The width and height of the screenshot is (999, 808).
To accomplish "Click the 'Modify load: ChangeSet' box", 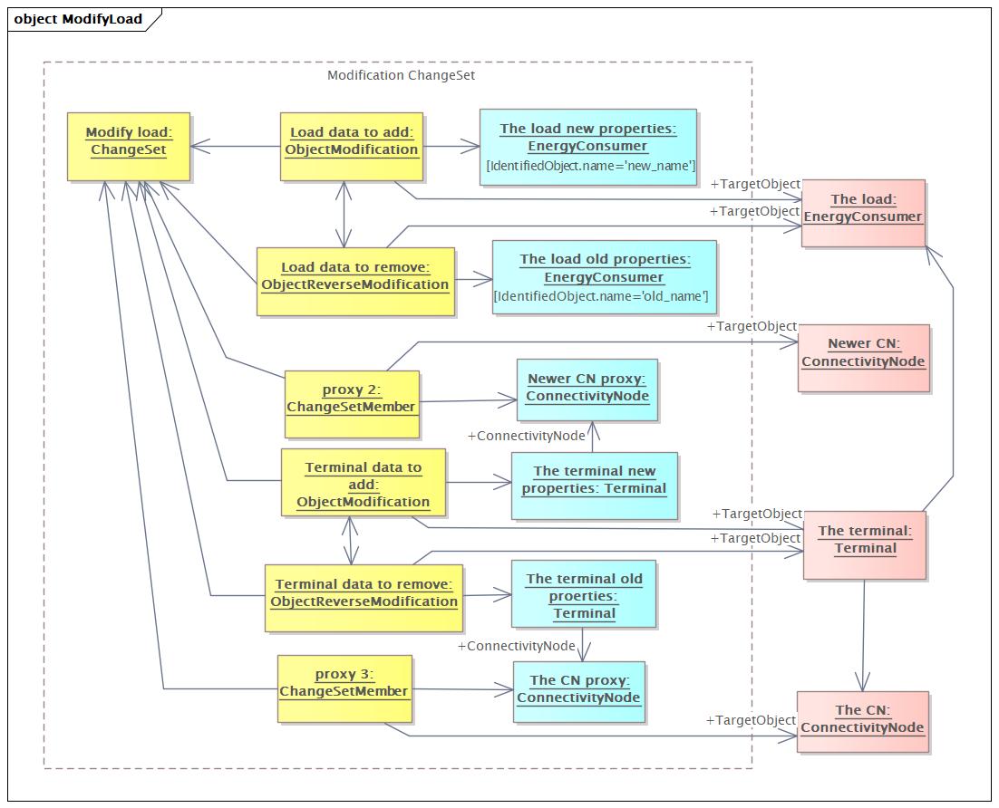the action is pyautogui.click(x=129, y=147).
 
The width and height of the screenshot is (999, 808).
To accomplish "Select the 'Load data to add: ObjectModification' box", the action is pyautogui.click(x=352, y=147).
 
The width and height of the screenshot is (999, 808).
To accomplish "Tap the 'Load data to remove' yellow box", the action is pyautogui.click(x=355, y=282).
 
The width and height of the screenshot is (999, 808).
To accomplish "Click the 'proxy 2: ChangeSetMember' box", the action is pyautogui.click(x=352, y=404).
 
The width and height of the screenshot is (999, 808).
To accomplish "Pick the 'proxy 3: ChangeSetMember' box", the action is pyautogui.click(x=344, y=689).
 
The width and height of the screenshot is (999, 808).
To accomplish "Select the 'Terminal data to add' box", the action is pyautogui.click(x=364, y=483).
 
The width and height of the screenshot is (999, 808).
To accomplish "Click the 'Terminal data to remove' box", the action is pyautogui.click(x=364, y=598).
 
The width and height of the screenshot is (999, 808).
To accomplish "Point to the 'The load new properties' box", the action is pyautogui.click(x=588, y=147).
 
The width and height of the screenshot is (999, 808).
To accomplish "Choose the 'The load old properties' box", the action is pyautogui.click(x=605, y=277).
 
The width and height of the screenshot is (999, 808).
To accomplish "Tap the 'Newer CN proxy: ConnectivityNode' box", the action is pyautogui.click(x=587, y=390).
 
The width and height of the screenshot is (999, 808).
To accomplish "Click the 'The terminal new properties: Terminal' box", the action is pyautogui.click(x=595, y=486).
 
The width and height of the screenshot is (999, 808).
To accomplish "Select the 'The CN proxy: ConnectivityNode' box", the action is pyautogui.click(x=579, y=692).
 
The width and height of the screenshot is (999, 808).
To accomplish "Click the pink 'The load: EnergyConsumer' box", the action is pyautogui.click(x=863, y=213).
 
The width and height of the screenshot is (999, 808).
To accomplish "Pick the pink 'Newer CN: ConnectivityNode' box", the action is pyautogui.click(x=863, y=359).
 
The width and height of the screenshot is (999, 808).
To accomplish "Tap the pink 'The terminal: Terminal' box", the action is pyautogui.click(x=865, y=545).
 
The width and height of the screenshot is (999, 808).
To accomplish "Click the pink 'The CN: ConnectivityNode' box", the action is pyautogui.click(x=863, y=722).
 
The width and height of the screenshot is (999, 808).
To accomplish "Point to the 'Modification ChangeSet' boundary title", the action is pyautogui.click(x=401, y=75).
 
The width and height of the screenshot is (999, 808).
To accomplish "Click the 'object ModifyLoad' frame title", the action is pyautogui.click(x=78, y=19).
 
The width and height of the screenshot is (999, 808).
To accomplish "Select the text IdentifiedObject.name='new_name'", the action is pyautogui.click(x=591, y=166).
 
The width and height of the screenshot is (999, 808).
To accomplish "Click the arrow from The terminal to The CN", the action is pyautogui.click(x=863, y=636).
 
